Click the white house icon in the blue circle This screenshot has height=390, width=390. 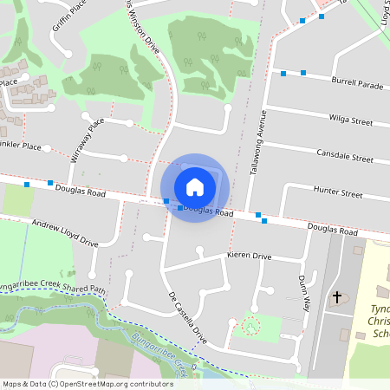coord(195,187)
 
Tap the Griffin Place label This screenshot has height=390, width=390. coord(69,15)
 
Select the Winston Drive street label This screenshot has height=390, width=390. coord(144,27)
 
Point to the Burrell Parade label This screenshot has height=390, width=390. coord(356,85)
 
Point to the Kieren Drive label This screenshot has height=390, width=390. coord(249,257)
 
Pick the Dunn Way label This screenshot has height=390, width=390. coord(303,293)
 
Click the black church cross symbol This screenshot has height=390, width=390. coord(337,298)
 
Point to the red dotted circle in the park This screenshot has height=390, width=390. coord(250,327)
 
